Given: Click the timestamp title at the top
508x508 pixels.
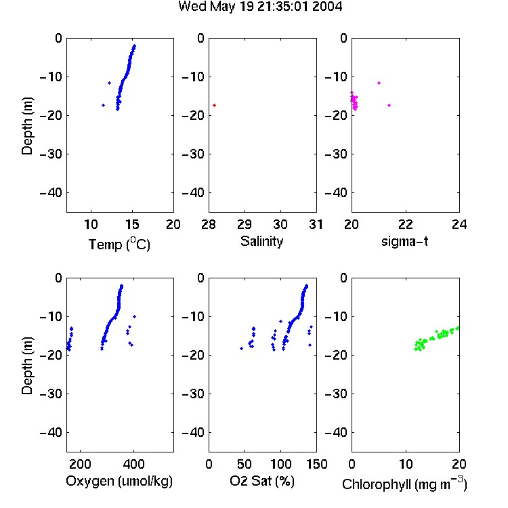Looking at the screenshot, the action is (x=260, y=7).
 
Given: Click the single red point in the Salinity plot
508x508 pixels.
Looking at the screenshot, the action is (x=215, y=105).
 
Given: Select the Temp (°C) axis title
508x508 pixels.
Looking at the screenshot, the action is (x=119, y=244).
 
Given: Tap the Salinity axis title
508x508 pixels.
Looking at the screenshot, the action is (x=261, y=241).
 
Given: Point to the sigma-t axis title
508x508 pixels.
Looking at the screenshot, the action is (x=404, y=241).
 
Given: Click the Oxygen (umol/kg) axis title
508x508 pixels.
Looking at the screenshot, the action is (x=119, y=482).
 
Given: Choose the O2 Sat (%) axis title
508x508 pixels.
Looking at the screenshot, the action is (x=262, y=481).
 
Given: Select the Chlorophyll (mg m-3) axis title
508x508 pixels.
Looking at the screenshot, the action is (x=404, y=484).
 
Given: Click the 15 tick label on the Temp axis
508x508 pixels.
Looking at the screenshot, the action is (x=132, y=224).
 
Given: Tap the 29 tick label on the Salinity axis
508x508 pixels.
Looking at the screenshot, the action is (x=245, y=224).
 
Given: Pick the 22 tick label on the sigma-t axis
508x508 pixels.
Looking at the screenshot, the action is (x=405, y=224).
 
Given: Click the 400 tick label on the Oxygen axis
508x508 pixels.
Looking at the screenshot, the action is (x=133, y=464).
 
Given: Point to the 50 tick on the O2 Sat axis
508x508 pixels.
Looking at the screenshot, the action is (x=245, y=464).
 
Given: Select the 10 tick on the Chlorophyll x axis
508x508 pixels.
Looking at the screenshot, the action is (x=405, y=464).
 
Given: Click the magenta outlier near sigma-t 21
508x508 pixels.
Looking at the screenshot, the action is (x=379, y=83).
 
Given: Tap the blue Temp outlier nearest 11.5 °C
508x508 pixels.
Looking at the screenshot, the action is (x=104, y=105).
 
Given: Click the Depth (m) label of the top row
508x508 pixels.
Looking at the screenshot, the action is (x=27, y=126).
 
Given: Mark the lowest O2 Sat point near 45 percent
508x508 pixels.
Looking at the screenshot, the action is (x=241, y=348).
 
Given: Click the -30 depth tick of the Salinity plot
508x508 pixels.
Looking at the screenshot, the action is (x=194, y=154).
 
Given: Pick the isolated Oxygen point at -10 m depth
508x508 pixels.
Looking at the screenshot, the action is (x=135, y=316).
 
